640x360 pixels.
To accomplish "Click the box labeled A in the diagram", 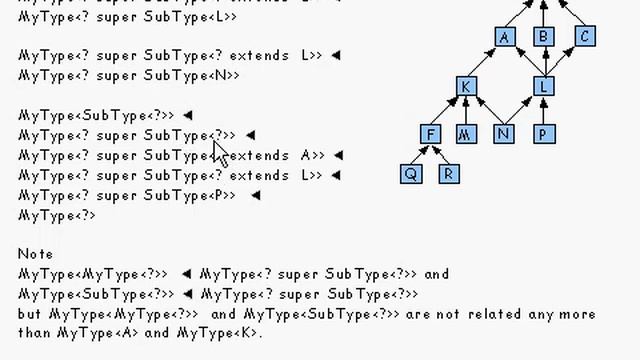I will [x=505, y=37].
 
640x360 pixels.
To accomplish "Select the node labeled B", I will [x=544, y=37].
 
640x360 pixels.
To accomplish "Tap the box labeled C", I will [x=585, y=37].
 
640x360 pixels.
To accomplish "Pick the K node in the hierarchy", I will [x=466, y=86].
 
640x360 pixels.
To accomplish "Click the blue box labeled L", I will [x=544, y=86].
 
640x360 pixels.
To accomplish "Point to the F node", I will [x=431, y=134].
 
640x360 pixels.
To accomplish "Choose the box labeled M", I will [x=466, y=134].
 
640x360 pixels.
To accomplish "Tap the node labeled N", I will [x=504, y=134].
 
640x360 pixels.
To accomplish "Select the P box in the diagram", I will [x=544, y=134].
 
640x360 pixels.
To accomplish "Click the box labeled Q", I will [x=411, y=173].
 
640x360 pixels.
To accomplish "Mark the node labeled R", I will [x=449, y=173].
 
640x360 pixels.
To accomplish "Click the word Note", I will [x=36, y=254].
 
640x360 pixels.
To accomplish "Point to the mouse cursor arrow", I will [x=219, y=152].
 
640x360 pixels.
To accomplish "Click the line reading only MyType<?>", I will [x=57, y=215].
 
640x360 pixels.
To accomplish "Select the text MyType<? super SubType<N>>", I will [x=129, y=75].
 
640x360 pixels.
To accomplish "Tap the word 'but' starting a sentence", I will [x=29, y=314].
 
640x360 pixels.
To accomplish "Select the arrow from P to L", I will [x=544, y=110].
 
